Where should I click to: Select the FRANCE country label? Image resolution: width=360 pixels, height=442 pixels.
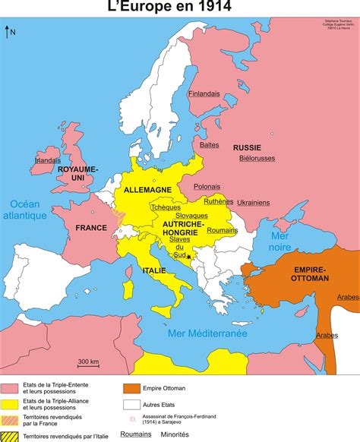[x=91, y=227]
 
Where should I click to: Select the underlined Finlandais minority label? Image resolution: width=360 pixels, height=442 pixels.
[x=204, y=93]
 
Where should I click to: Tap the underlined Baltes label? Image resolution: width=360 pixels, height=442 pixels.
[x=209, y=144]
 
